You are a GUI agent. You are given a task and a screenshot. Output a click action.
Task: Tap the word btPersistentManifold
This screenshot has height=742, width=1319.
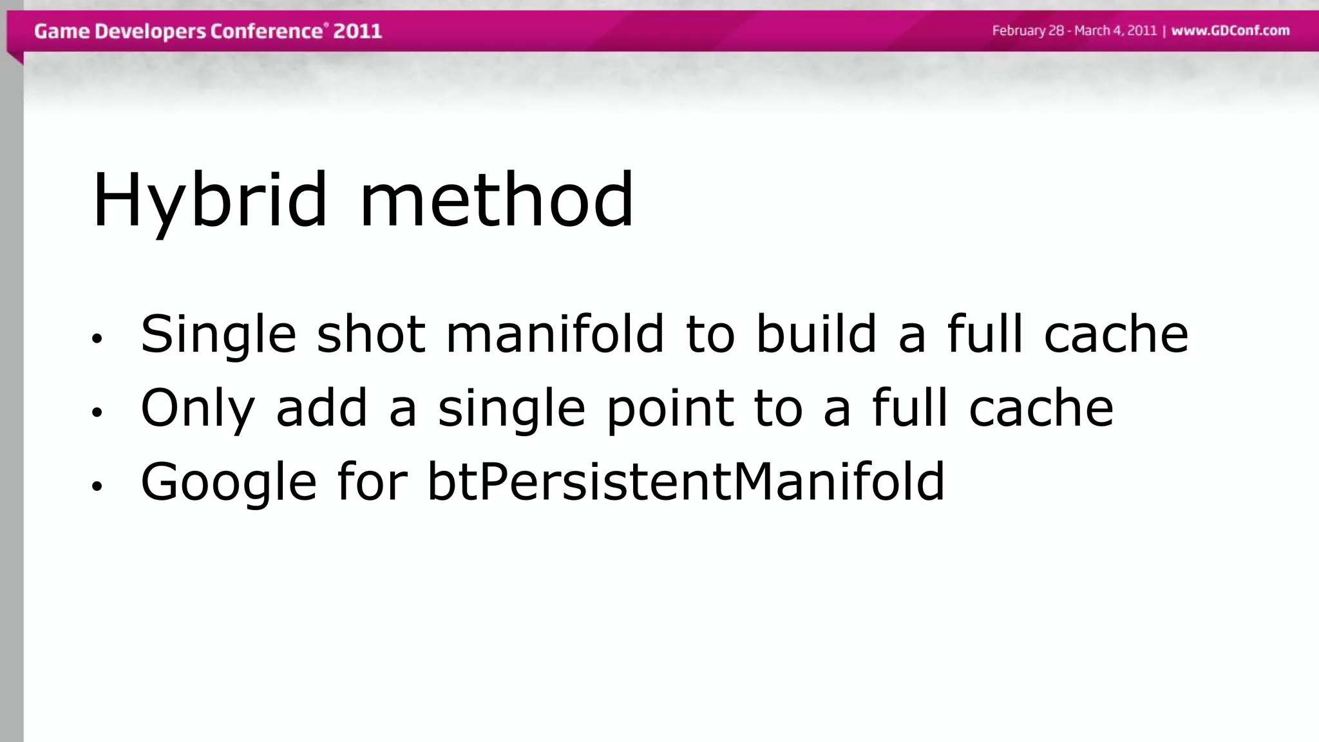[x=685, y=481]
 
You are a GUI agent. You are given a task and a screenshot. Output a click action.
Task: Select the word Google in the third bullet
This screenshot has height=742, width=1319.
[x=229, y=482]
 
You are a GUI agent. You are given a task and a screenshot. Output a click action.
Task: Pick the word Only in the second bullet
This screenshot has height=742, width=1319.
[x=198, y=408]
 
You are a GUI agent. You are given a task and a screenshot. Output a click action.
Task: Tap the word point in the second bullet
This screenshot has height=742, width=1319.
[x=670, y=408]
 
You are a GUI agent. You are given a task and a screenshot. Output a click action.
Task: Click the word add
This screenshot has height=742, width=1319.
[x=321, y=408]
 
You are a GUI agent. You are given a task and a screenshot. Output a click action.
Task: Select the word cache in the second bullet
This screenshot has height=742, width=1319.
[x=1041, y=408]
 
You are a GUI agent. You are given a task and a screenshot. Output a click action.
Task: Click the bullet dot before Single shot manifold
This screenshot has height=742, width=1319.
[x=97, y=339]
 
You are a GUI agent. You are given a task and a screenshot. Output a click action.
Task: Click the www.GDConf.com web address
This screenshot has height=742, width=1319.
[x=1230, y=31]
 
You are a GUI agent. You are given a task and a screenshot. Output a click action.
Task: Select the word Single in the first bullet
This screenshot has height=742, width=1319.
[x=218, y=335]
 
